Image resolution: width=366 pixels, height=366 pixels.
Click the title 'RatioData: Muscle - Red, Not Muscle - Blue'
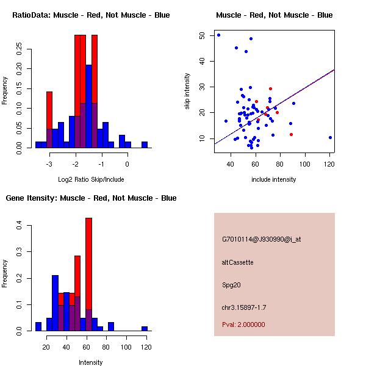91,15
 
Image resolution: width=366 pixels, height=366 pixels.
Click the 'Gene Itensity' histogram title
91,198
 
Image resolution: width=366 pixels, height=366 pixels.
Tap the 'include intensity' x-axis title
274,179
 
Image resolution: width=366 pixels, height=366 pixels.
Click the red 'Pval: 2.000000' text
243,325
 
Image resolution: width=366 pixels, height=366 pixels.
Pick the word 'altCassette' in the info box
237,262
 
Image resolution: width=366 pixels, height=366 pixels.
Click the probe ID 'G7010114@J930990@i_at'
261,239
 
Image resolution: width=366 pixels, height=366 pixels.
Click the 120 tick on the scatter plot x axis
330,163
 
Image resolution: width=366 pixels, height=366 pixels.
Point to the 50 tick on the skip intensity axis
202,35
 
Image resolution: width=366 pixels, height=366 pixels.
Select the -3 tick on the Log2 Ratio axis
49,163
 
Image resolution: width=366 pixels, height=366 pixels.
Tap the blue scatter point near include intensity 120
330,138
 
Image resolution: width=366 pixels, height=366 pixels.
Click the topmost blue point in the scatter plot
218,35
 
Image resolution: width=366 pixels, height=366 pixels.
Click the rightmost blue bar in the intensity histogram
145,328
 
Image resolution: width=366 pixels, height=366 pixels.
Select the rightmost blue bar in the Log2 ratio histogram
145,145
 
